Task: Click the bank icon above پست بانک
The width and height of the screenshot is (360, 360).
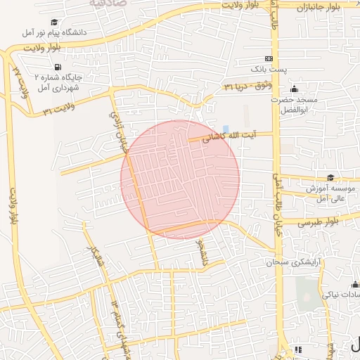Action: tap(269, 58)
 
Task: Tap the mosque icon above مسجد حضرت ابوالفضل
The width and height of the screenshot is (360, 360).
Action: tap(294, 89)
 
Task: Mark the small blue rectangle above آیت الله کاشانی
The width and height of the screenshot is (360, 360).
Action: tap(225, 128)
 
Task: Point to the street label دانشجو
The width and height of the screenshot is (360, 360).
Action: tap(202, 250)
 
